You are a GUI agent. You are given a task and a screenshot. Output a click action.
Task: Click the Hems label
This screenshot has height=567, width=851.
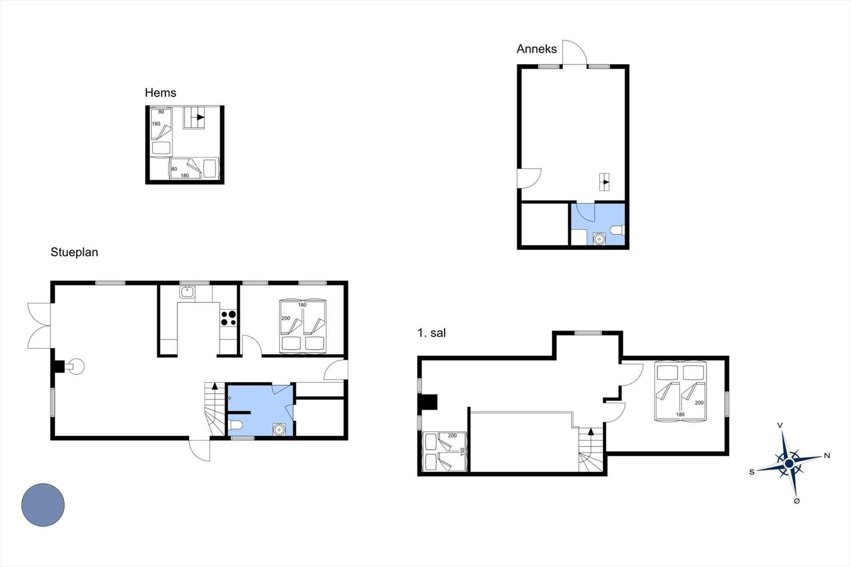(160, 93)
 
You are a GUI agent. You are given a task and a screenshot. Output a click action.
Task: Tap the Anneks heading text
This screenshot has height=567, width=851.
(537, 49)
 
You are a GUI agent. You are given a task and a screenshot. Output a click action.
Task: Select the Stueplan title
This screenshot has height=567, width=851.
(74, 252)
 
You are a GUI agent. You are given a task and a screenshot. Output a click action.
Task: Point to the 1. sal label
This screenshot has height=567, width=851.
(431, 333)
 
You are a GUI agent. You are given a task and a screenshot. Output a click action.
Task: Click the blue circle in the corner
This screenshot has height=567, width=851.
(43, 505)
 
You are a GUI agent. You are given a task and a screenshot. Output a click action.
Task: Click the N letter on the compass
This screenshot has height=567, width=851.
(827, 456)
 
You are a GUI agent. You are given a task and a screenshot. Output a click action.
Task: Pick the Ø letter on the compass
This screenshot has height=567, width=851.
(797, 501)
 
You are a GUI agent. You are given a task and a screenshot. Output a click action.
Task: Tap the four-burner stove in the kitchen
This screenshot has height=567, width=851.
(228, 318)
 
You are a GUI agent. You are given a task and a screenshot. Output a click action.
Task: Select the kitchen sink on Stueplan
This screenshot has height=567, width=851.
(187, 292)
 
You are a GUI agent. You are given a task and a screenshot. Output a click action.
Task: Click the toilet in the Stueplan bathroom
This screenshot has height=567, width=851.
(236, 425)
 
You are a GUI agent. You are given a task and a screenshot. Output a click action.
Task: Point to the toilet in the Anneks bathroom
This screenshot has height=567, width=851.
(618, 230)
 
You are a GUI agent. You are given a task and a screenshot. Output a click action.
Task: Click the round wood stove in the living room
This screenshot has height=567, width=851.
(77, 366)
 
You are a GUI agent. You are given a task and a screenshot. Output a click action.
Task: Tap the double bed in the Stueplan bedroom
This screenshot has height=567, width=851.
(303, 326)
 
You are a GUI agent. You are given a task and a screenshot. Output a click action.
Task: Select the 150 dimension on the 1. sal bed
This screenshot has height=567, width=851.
(462, 452)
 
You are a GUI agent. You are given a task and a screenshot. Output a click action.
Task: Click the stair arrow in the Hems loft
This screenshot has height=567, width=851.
(201, 117)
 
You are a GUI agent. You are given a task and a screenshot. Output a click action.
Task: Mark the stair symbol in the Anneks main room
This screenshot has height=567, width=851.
(604, 182)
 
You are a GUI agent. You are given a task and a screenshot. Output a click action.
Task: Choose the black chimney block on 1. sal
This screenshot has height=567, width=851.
(428, 403)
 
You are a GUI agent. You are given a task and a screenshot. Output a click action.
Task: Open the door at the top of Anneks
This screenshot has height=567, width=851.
(574, 53)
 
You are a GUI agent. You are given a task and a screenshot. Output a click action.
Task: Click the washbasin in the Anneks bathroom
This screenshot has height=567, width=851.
(599, 239)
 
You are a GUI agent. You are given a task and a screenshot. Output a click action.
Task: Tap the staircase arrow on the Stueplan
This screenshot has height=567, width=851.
(215, 386)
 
